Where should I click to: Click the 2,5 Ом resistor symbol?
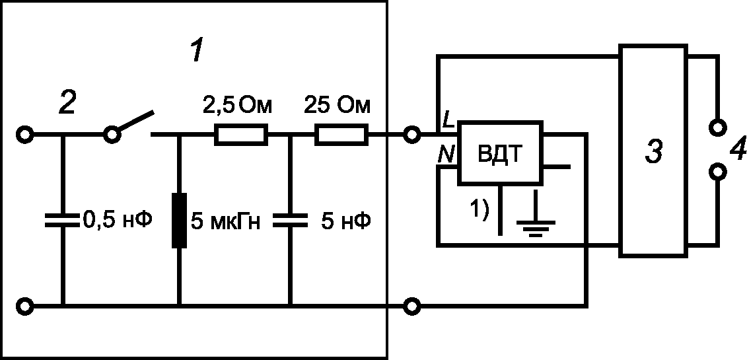coord(240,135)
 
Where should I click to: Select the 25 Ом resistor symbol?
coord(341,135)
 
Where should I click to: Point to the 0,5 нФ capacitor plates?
coord(62,221)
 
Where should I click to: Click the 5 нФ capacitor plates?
coord(290,221)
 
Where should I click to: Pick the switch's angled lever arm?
coord(135,121)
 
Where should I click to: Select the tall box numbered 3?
coord(653,151)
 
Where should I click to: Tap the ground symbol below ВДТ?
coord(536,213)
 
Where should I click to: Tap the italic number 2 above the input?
coord(67,103)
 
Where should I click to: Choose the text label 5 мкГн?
coord(225,222)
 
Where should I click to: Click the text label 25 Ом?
coord(337,106)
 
